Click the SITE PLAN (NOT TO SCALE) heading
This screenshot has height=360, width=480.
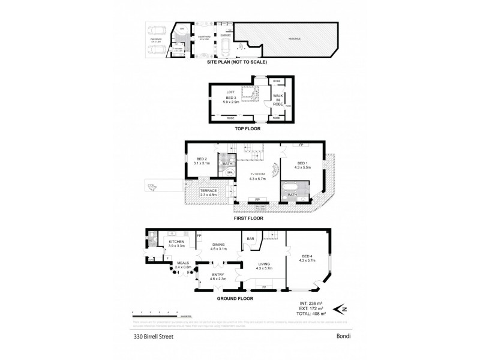(x=236, y=62)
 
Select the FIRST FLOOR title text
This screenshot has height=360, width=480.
(x=247, y=218)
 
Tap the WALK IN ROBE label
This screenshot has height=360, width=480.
(x=278, y=100)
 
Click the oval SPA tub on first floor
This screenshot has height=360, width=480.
(x=229, y=173)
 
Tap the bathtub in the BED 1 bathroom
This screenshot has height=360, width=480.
(x=292, y=195)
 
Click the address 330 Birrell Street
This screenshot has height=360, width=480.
(x=153, y=338)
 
